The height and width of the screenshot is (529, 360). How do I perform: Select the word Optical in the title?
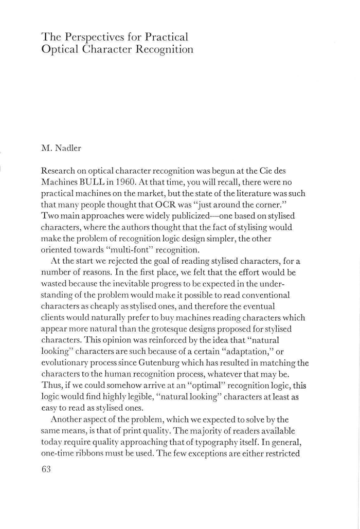[x=59, y=50]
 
